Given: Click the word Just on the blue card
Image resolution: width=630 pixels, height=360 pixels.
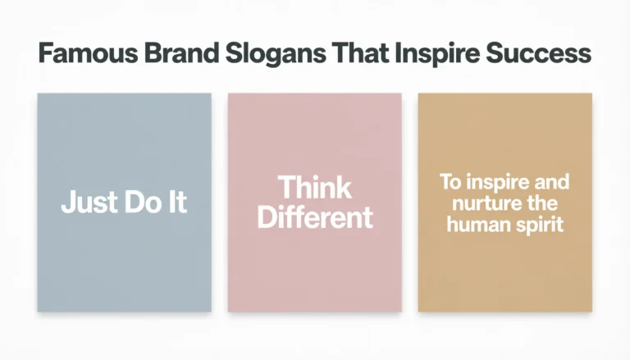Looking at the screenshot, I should tap(87, 203).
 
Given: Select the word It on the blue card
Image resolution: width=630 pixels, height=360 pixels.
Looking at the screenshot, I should tap(178, 203).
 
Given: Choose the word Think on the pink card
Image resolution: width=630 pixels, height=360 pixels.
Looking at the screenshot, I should tap(315, 188).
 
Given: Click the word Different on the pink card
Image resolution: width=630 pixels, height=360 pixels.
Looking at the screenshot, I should tap(315, 217).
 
